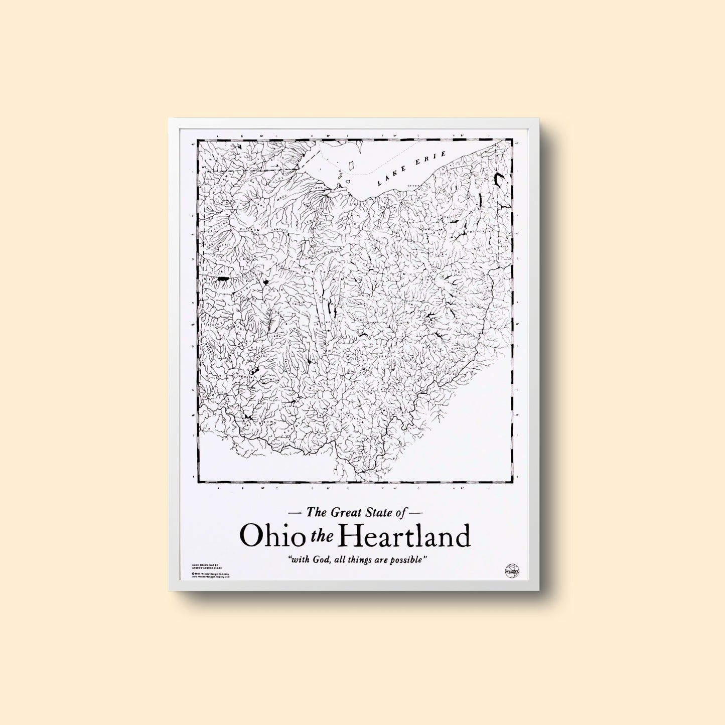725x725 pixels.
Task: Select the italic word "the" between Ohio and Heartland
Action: click(x=323, y=537)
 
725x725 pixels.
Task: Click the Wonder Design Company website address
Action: click(x=211, y=577)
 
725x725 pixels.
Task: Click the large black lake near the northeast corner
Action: click(x=500, y=178)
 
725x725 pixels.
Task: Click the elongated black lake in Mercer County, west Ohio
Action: click(x=223, y=278)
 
